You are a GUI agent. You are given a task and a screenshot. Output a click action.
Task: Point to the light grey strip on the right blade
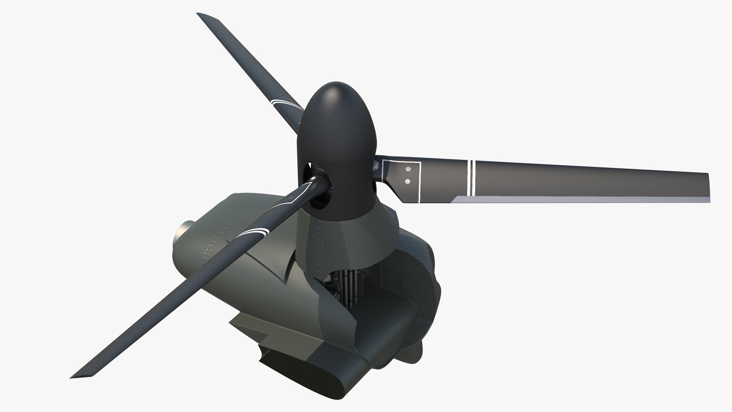click(x=572, y=198)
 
